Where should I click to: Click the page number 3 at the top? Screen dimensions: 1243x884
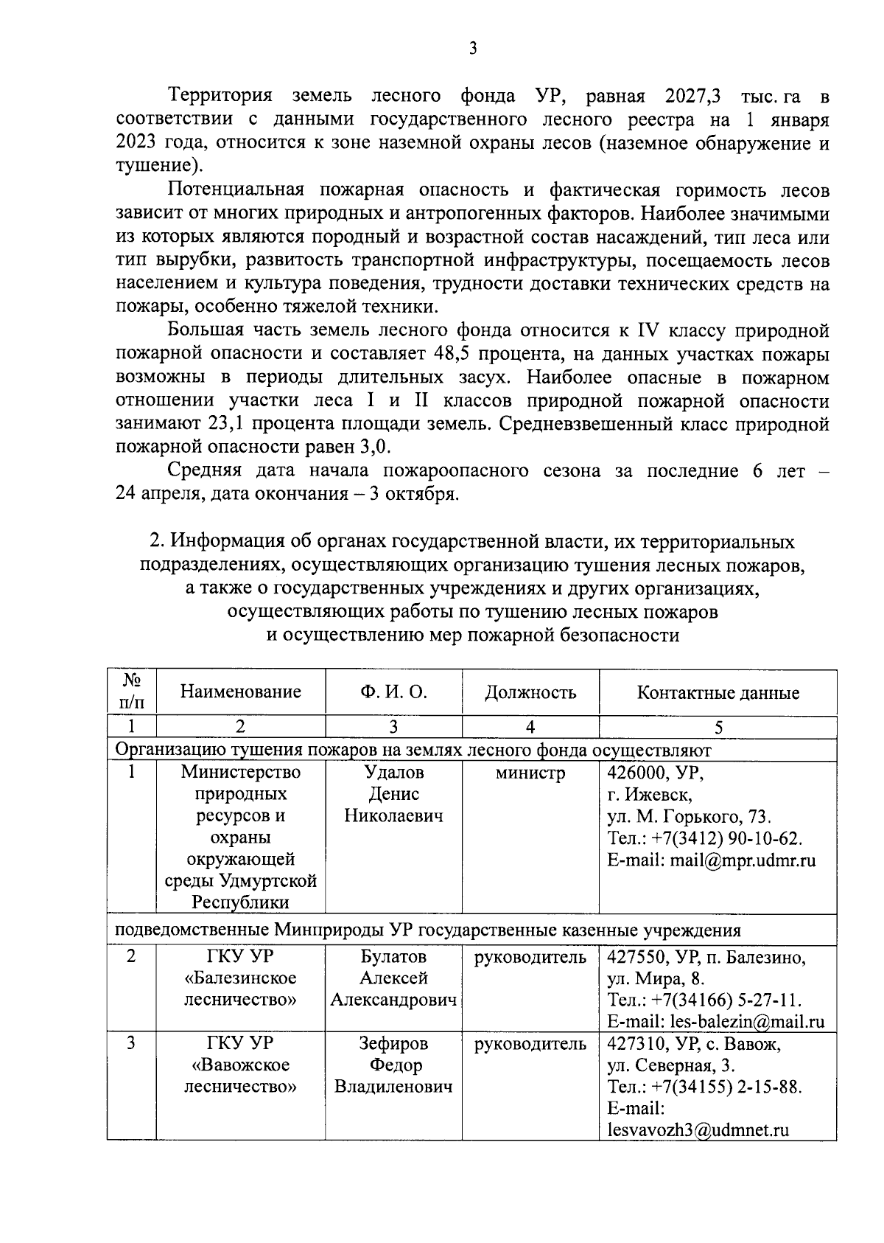click(x=473, y=49)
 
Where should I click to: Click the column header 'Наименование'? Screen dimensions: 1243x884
click(x=241, y=692)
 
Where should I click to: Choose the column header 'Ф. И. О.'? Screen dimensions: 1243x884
click(x=393, y=692)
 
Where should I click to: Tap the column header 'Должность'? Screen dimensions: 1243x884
click(x=530, y=692)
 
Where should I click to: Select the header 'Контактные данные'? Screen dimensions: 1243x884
click(x=718, y=693)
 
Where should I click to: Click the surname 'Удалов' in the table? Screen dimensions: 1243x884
click(x=394, y=773)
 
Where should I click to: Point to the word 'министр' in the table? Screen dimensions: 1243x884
click(x=530, y=773)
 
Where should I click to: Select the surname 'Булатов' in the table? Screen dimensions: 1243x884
click(x=393, y=957)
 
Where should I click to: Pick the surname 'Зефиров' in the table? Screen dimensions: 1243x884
click(x=393, y=1044)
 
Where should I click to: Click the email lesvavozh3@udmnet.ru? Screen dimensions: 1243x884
click(x=698, y=1130)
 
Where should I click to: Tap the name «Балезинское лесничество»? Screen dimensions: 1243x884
click(x=241, y=989)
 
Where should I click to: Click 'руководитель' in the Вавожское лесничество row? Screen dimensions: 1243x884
click(x=530, y=1044)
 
